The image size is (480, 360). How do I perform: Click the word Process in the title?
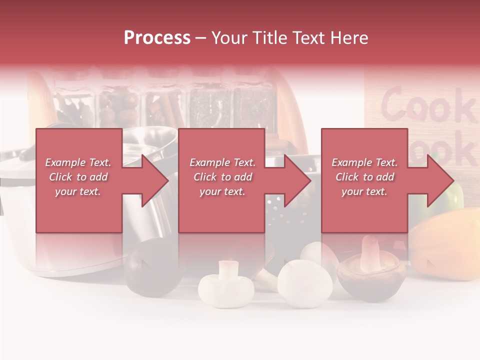pos(157,38)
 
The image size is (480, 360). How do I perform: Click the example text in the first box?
pos(78,177)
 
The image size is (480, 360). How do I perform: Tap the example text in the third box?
pos(364,177)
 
